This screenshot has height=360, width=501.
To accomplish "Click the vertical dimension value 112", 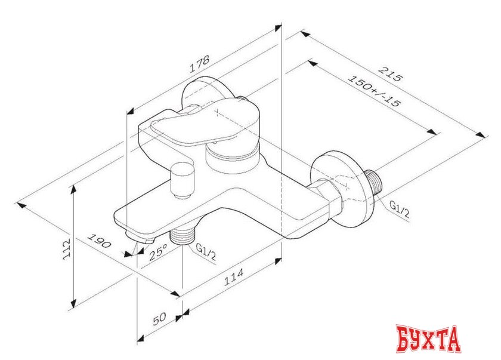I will coord(67,246).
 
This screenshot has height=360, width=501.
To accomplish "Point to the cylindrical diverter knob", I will coord(180,180).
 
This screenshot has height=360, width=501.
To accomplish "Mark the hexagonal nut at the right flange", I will coord(327,195).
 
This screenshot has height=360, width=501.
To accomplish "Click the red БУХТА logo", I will coord(428,339).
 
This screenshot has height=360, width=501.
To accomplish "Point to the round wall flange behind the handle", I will coord(203,96).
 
